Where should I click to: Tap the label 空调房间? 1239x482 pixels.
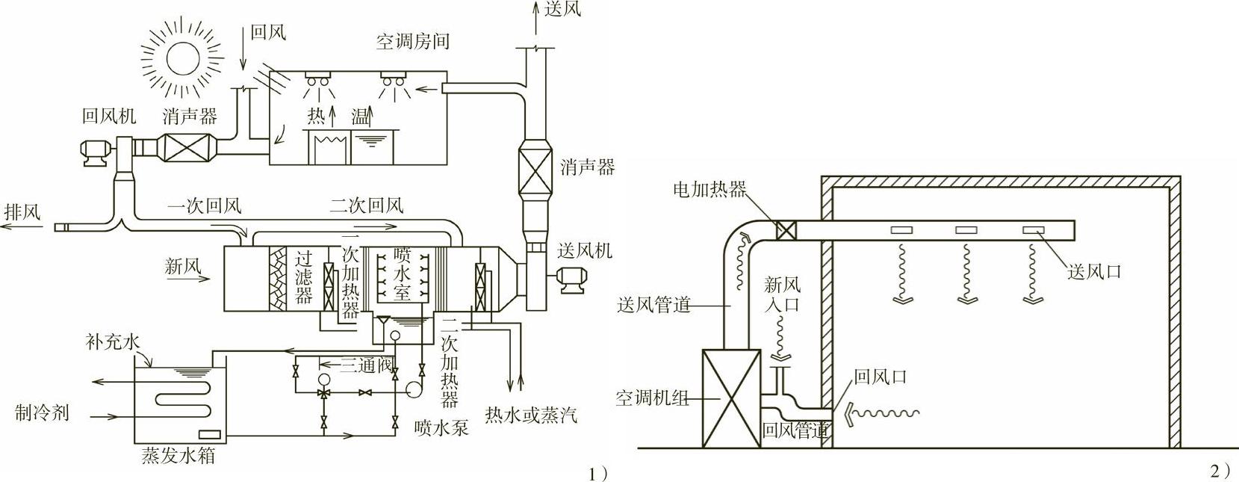(412, 41)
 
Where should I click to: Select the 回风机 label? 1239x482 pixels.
(109, 116)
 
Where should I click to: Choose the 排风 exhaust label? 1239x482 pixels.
(22, 211)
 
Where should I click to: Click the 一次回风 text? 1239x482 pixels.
(204, 206)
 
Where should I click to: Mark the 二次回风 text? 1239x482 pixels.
(366, 205)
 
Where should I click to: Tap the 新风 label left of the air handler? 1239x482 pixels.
(183, 266)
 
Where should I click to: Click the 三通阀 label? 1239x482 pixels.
(367, 366)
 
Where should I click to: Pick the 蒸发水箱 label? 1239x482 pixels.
(178, 455)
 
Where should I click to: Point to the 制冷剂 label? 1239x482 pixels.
(42, 412)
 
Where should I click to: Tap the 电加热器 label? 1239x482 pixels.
(709, 189)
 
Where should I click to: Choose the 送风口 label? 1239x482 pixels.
(1095, 272)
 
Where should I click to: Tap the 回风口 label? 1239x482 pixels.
(880, 377)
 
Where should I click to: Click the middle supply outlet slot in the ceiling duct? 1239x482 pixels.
(966, 230)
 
